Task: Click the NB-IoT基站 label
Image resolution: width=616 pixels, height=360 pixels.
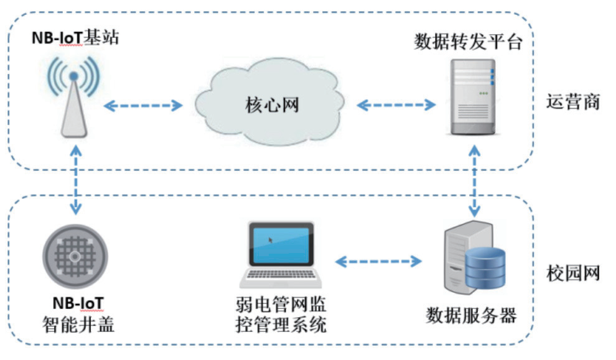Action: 75,38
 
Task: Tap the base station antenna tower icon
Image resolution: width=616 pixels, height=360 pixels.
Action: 73,103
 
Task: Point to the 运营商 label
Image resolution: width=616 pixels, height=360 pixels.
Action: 573,102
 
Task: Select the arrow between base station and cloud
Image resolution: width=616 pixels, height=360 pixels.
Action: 142,106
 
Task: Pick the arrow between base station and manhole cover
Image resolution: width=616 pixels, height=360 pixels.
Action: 75,181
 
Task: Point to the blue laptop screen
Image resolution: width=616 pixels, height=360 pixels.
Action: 281,244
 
